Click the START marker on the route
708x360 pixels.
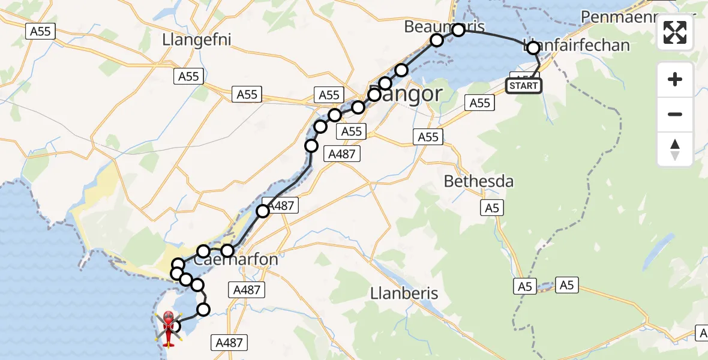524,86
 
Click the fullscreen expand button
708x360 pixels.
675,32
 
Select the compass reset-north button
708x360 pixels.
675,149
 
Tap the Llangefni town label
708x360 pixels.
196,40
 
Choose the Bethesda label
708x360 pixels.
478,181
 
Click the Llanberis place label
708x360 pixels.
404,293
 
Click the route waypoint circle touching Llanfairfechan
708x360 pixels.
533,48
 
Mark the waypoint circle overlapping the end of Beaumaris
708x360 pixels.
458,30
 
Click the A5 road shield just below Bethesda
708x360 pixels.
491,208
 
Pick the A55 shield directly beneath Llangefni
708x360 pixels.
188,76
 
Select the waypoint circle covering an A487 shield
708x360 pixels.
263,211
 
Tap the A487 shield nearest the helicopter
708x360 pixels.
229,343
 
